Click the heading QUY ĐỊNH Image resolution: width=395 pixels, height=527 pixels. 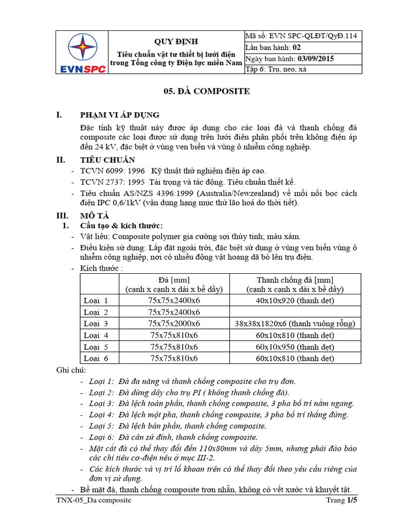(176, 41)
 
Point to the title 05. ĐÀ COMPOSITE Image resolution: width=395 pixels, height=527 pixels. (199, 91)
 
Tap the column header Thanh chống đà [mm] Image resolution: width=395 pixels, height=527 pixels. (295, 280)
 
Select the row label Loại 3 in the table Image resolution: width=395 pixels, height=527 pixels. (96, 323)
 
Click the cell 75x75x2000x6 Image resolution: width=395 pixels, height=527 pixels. (174, 323)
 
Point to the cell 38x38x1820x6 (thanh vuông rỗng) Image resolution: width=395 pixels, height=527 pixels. (295, 323)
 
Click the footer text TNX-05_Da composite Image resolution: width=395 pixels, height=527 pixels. (94, 500)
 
